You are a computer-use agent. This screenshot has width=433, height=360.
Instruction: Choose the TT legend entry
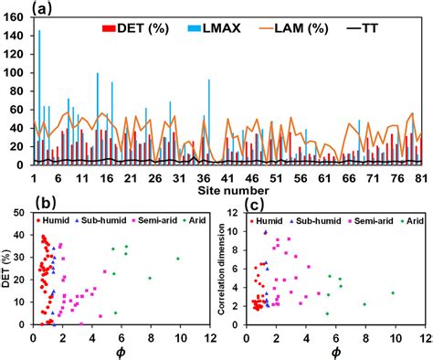387,27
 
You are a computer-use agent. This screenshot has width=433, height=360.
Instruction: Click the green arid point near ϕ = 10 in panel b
178,259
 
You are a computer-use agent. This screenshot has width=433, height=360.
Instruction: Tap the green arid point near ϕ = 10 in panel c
393,293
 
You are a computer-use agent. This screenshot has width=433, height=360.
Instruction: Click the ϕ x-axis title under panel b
121,352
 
